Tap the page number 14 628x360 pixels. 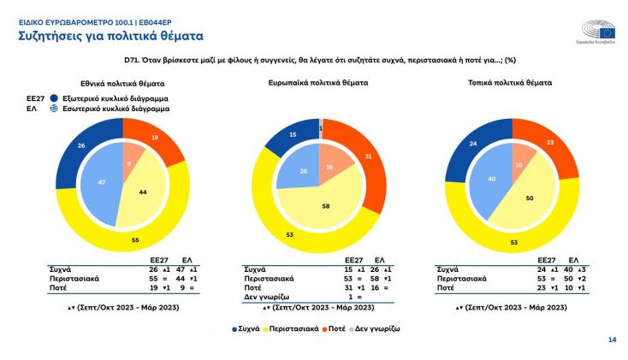(612, 340)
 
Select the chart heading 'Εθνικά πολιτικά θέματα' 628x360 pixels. (122, 84)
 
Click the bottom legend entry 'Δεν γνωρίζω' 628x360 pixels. (379, 328)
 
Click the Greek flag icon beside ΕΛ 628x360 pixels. (54, 109)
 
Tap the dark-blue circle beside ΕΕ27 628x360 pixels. (54, 97)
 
